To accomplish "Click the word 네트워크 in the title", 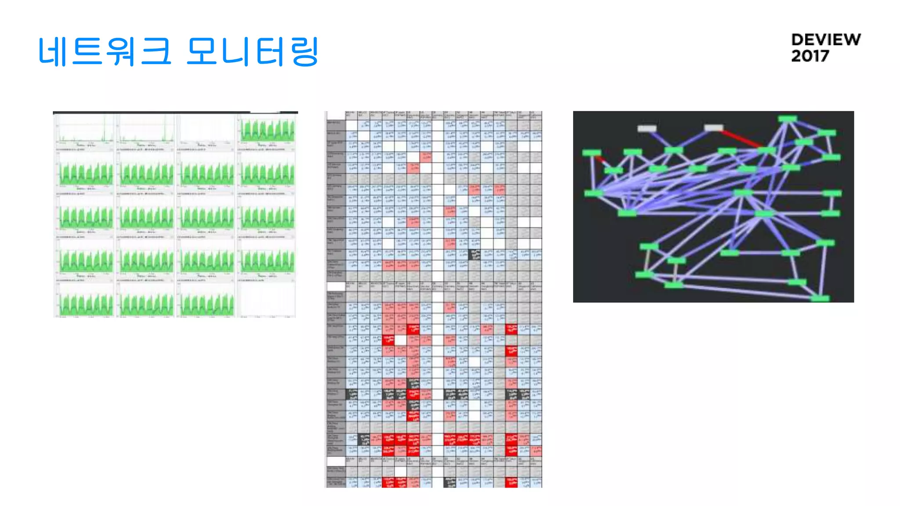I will coord(104,51).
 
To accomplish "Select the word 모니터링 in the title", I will coord(252,51).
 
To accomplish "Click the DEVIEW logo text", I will coord(826,40).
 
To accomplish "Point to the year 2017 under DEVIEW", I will coord(810,56).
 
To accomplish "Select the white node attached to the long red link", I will coord(713,128).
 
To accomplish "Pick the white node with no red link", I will coord(647,128).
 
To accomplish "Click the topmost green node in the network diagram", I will coord(787,119).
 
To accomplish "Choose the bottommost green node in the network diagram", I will coord(820,299).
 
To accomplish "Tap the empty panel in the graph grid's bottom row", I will coord(266,300).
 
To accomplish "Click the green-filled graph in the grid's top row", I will coord(267,130).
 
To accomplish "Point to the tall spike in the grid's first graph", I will coord(105,129).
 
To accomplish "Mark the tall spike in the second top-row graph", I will coord(165,129).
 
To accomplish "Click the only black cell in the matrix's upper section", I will coord(475,254).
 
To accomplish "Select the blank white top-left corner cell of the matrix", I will coord(336,115).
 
